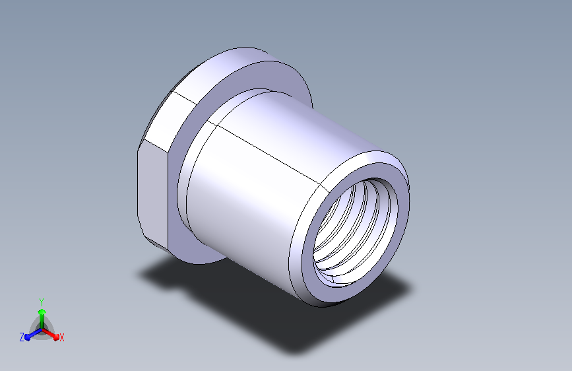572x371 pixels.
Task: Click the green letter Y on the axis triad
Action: pos(42,302)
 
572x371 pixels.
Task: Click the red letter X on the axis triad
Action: pos(61,337)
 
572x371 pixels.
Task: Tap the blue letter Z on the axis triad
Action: pos(22,337)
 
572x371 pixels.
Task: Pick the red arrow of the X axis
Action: pos(50,334)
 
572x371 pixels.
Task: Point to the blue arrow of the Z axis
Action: pos(34,334)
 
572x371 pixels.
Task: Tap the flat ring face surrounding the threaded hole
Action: pos(401,205)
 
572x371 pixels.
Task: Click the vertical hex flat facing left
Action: pos(152,193)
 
